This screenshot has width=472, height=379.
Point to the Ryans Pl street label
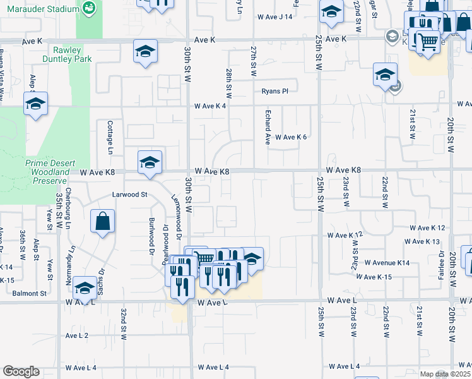[275, 91]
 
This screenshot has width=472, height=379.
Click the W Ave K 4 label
[210, 105]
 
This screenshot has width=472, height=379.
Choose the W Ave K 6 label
[290, 137]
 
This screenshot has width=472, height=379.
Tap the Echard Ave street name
[268, 130]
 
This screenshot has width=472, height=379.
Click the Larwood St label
[129, 195]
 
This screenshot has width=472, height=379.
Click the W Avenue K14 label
[387, 263]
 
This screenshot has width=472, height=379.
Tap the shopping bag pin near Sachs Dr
[102, 222]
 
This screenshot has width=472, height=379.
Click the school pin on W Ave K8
[150, 163]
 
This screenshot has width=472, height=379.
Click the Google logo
[21, 371]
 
